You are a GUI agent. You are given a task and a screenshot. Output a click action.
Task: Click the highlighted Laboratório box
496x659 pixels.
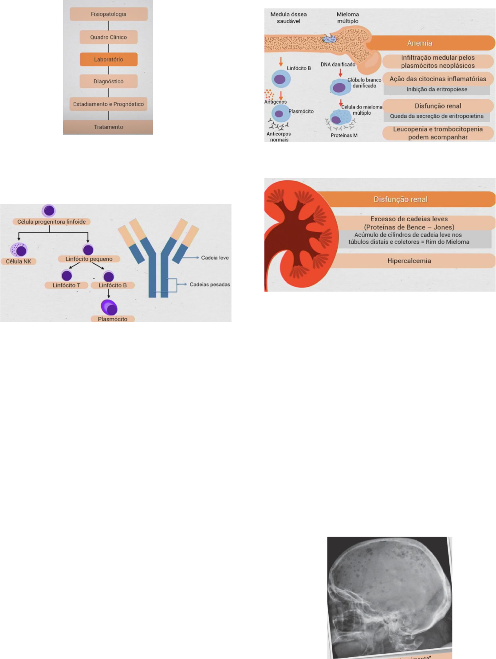click(x=109, y=59)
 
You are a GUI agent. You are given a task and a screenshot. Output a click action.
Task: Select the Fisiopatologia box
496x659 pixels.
click(x=109, y=14)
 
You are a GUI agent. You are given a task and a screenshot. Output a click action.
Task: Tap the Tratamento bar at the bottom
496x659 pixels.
click(x=108, y=127)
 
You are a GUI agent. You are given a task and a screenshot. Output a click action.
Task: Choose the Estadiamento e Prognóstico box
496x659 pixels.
click(x=109, y=104)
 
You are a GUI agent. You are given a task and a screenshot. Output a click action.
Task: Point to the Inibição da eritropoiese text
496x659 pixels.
click(x=437, y=90)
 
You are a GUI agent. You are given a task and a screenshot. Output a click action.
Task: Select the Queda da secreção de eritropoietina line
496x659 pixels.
click(x=437, y=117)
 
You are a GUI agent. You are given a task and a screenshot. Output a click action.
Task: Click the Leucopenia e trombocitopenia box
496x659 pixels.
click(x=438, y=133)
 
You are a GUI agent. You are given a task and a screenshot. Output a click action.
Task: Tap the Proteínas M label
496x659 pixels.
click(x=344, y=136)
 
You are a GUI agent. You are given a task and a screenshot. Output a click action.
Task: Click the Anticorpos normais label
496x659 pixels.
click(x=279, y=137)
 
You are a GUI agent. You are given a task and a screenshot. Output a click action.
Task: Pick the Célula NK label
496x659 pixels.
click(x=19, y=261)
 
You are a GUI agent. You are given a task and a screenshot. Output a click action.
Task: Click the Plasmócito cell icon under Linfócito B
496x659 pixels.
click(x=109, y=307)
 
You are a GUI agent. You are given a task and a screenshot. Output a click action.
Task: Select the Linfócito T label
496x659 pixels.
click(x=67, y=285)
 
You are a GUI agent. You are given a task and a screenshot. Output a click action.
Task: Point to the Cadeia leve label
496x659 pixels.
click(x=215, y=258)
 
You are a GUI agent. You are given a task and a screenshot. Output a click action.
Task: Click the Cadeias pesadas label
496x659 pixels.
click(x=209, y=285)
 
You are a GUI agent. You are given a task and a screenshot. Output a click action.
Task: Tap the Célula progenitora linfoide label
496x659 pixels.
click(x=51, y=222)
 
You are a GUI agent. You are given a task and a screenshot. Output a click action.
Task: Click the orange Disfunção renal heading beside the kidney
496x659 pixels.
click(x=400, y=199)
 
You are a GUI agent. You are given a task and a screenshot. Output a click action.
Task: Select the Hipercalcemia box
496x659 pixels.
click(x=409, y=261)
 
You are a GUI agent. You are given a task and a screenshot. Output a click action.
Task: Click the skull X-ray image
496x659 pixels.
click(x=389, y=596)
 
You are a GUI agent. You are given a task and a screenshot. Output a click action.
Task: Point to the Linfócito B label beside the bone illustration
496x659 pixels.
click(x=299, y=68)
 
